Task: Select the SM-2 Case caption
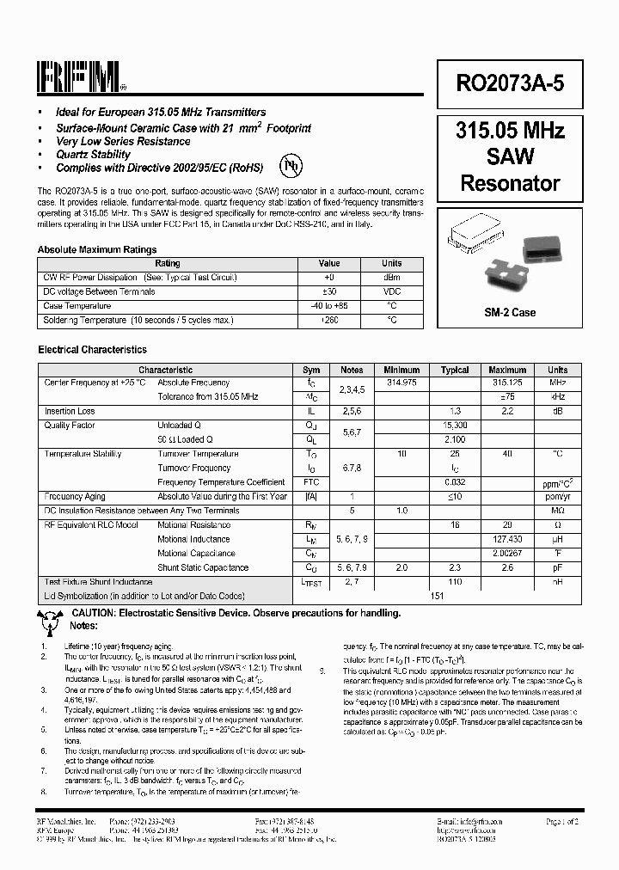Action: [510, 312]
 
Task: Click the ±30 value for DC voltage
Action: [328, 292]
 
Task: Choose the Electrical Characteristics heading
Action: [92, 350]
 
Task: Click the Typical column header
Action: [455, 370]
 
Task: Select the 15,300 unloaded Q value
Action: [455, 426]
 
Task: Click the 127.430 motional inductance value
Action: [507, 539]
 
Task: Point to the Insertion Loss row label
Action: [70, 412]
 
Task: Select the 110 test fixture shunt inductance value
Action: [455, 582]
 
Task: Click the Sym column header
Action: [311, 370]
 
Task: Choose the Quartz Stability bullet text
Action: [93, 155]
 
